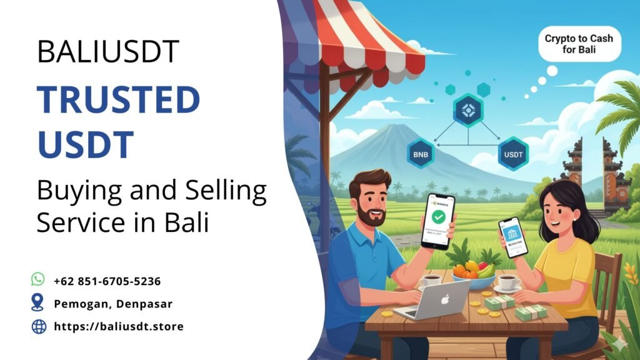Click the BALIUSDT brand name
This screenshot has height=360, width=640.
pyautogui.click(x=108, y=51)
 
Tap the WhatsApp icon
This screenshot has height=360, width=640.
pyautogui.click(x=39, y=279)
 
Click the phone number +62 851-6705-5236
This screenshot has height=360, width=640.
pyautogui.click(x=107, y=281)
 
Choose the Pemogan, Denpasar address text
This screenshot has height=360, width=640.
pyautogui.click(x=112, y=304)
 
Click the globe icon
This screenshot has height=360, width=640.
pyautogui.click(x=39, y=326)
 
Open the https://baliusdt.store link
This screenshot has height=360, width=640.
pyautogui.click(x=119, y=326)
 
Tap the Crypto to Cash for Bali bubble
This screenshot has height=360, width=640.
pyautogui.click(x=579, y=44)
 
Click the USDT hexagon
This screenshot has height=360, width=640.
pyautogui.click(x=513, y=154)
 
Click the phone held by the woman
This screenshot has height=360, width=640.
pyautogui.click(x=513, y=237)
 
